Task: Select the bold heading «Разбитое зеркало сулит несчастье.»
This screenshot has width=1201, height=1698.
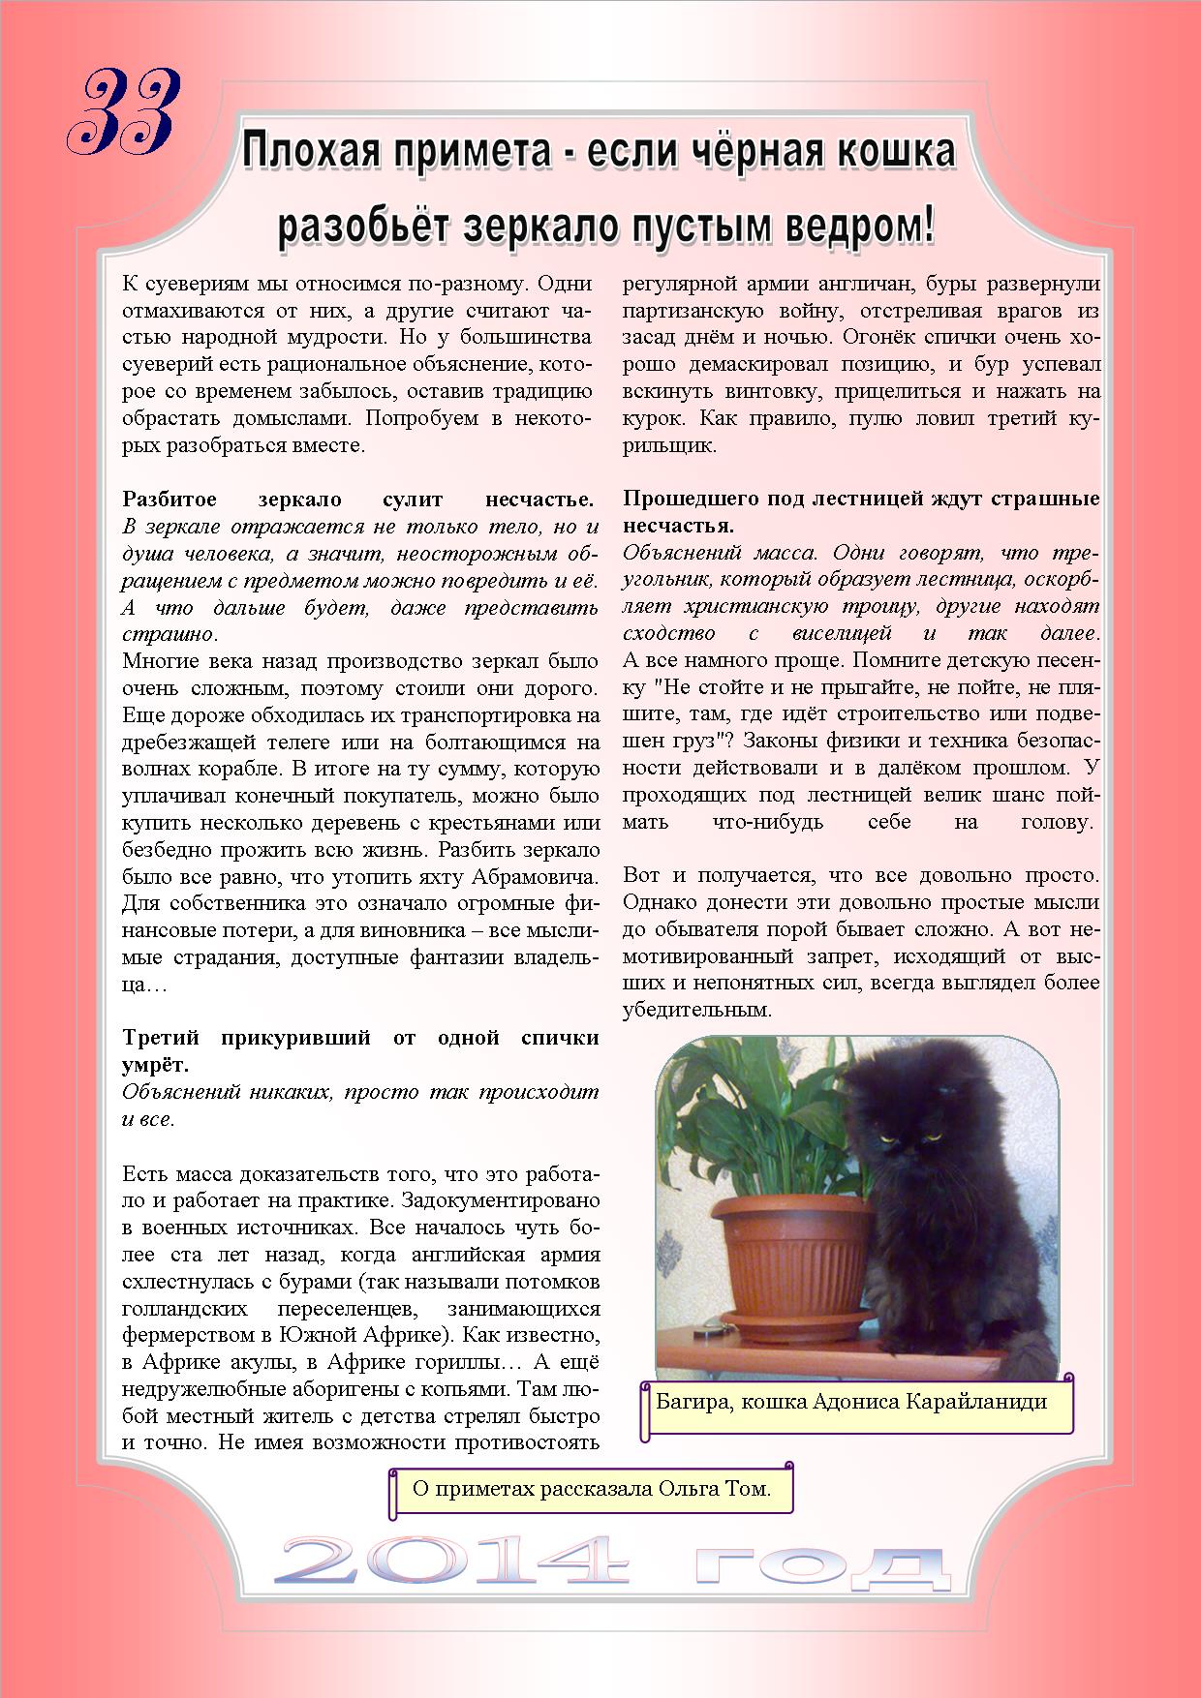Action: pos(359,500)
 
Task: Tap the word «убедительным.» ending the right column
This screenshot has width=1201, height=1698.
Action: pos(697,1010)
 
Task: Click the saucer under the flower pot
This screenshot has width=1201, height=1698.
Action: pos(785,1322)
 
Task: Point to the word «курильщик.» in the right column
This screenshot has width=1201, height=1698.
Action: pos(670,446)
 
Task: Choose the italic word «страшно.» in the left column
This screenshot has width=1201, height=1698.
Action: pos(170,635)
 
